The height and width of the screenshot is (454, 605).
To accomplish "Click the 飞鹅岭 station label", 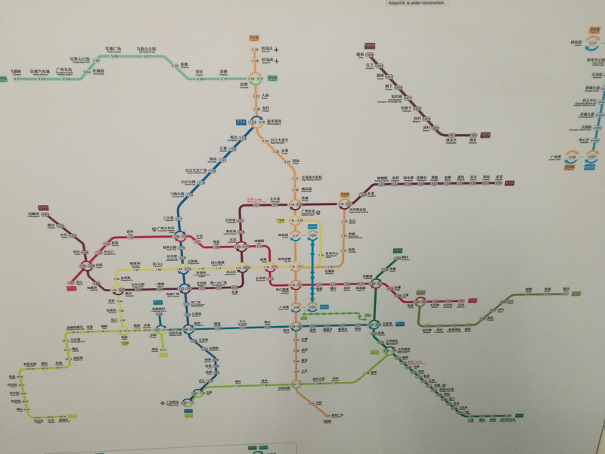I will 16,71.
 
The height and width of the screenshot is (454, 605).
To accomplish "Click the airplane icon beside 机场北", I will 277,49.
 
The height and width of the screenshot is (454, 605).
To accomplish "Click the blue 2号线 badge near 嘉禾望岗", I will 240,120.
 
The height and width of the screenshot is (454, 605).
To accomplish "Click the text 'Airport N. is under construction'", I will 416,2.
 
